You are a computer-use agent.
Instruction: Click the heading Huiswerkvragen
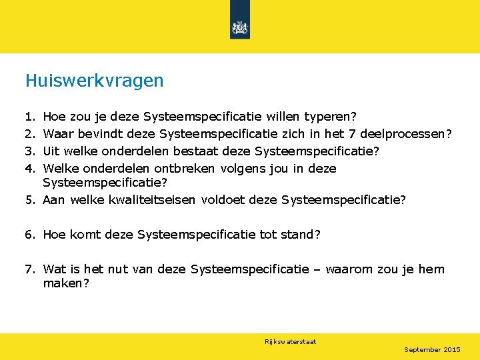(x=94, y=81)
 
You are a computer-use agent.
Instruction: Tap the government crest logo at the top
(x=239, y=27)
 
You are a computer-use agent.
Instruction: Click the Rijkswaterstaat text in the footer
(x=290, y=341)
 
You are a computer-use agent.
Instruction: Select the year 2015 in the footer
(x=452, y=349)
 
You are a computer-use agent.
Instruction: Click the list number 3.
(x=29, y=151)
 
